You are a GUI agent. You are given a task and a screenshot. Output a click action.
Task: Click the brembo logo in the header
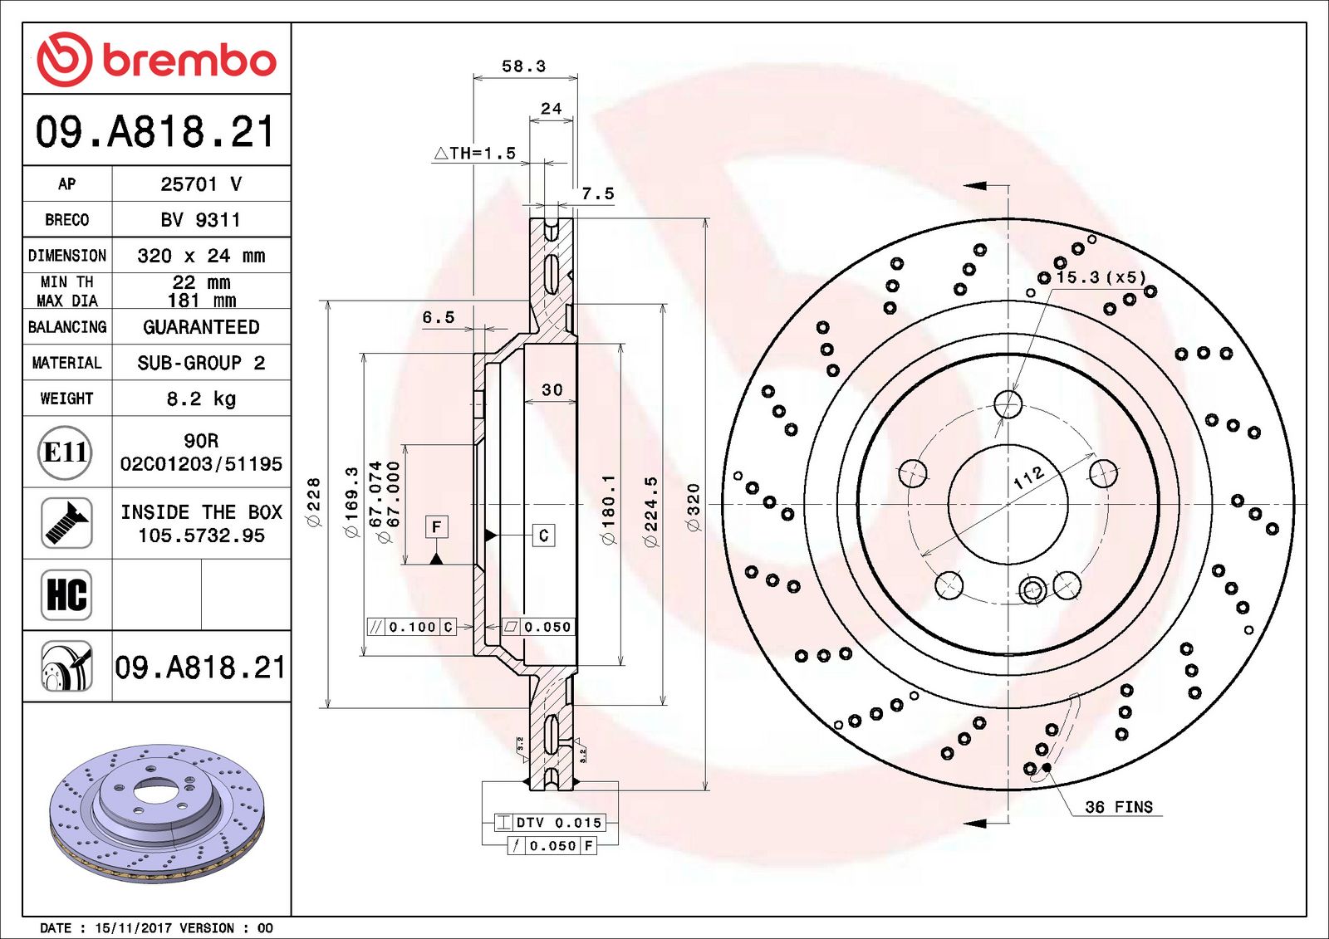[157, 60]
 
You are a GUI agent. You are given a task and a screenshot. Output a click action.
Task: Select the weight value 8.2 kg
[201, 399]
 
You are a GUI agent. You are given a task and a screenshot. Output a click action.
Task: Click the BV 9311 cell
[200, 220]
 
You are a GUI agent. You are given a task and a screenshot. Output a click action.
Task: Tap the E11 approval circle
[66, 452]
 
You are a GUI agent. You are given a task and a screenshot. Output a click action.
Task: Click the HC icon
[66, 595]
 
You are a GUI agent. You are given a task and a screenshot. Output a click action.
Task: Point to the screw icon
[66, 523]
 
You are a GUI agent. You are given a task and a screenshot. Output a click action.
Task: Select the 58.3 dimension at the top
[524, 66]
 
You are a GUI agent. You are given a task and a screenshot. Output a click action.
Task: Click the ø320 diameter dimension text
[693, 506]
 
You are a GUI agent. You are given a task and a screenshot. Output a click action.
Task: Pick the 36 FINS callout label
[1119, 807]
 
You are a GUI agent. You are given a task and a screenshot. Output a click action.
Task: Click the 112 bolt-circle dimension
[1028, 477]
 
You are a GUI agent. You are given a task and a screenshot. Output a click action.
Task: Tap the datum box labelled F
[437, 526]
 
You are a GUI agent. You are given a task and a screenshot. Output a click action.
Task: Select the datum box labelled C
[543, 536]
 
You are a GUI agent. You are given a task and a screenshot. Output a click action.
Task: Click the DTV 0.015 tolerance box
[549, 823]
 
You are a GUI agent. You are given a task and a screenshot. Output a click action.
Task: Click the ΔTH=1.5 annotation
[474, 154]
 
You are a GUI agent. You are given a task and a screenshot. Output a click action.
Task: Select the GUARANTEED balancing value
[201, 327]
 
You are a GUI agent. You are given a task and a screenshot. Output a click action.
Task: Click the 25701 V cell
[201, 183]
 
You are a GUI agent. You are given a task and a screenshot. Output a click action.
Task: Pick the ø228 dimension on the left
[313, 501]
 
